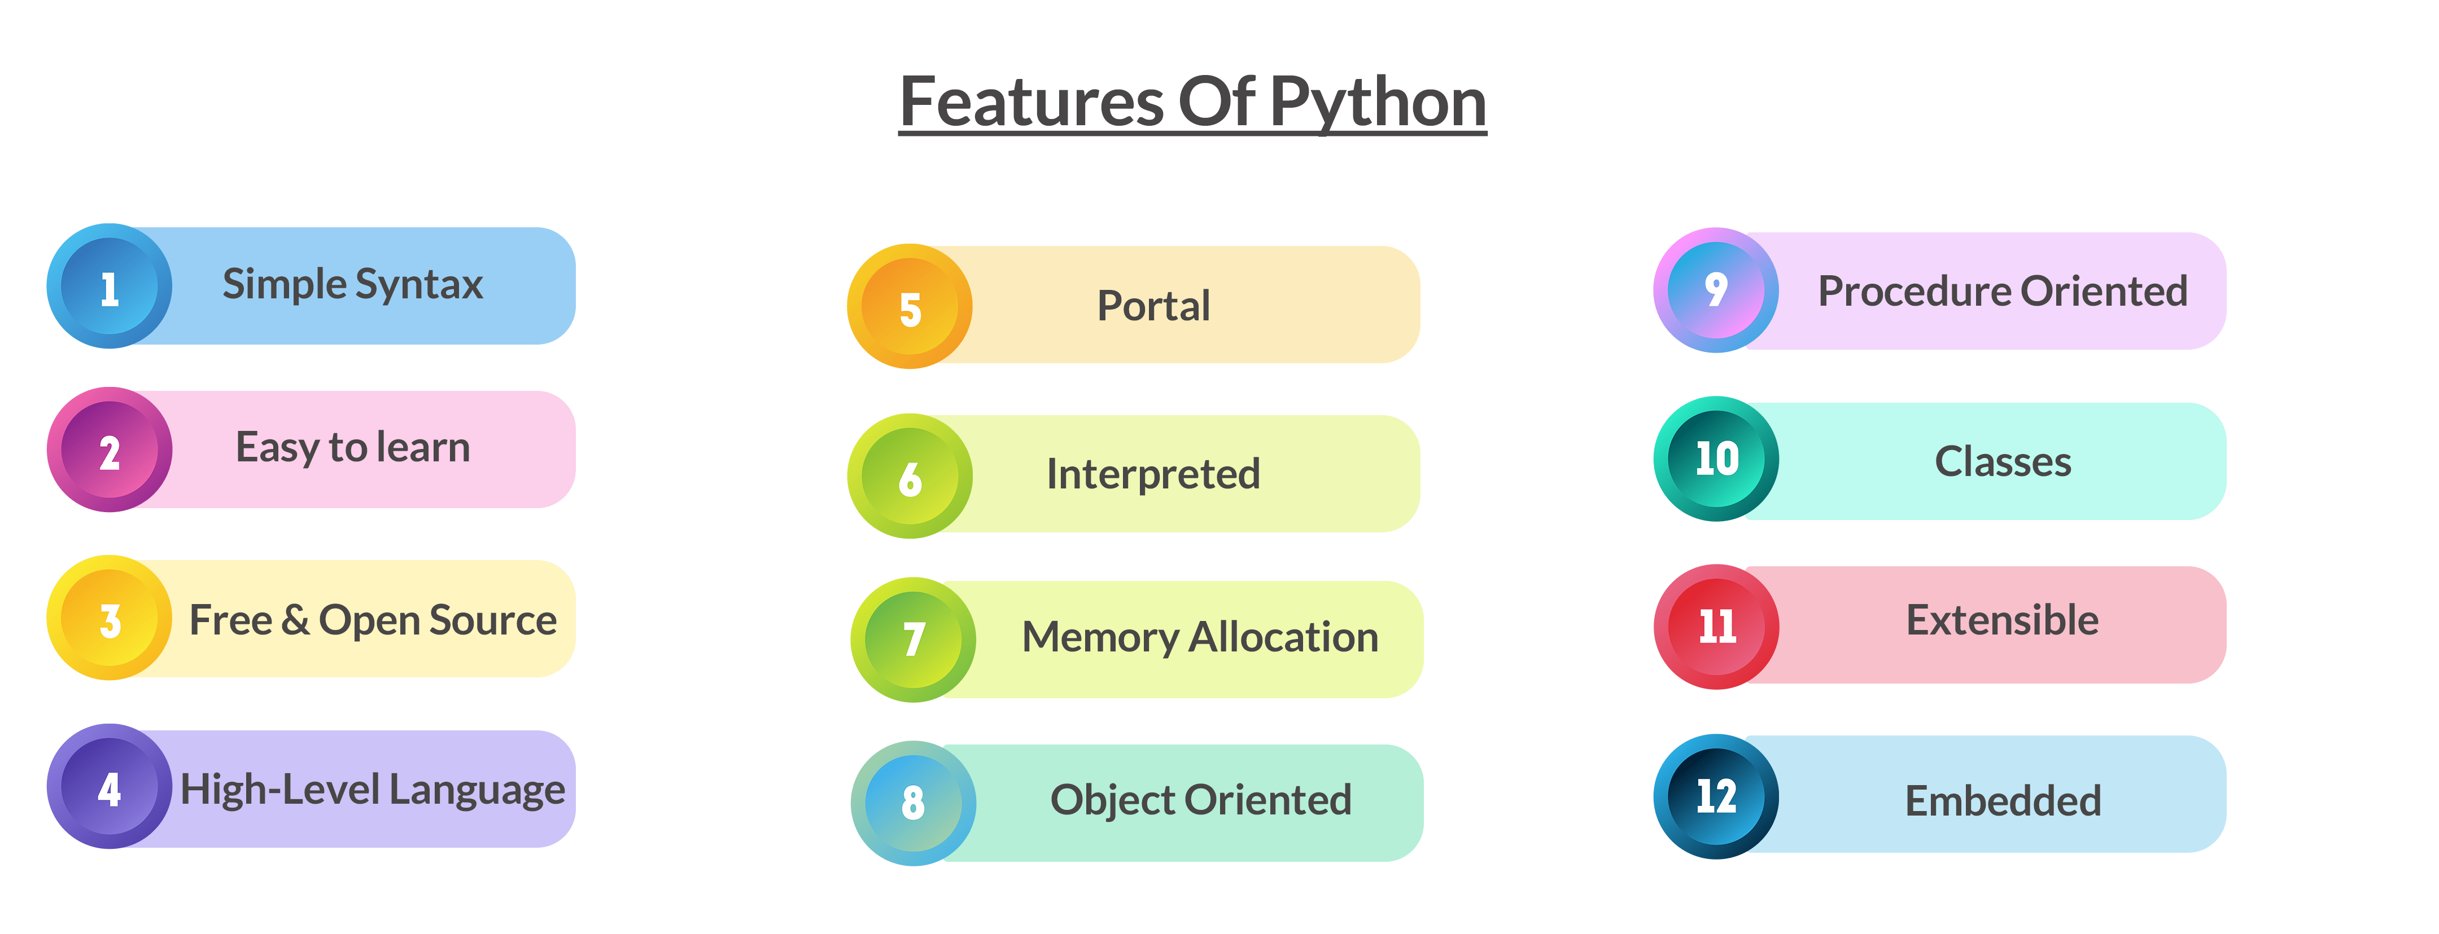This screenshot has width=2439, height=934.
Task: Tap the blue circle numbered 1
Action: click(110, 286)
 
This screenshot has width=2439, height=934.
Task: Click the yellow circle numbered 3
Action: click(110, 618)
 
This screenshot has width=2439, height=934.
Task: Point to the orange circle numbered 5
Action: click(910, 307)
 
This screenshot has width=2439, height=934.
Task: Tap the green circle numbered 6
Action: click(910, 476)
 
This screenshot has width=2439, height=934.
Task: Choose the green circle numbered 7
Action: click(913, 640)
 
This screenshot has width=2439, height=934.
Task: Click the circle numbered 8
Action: click(913, 803)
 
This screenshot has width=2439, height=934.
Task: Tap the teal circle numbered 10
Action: click(1716, 459)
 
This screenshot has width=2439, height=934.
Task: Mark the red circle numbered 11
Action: click(1716, 627)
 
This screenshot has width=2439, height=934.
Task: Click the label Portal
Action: click(1153, 306)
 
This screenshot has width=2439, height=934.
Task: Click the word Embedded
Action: click(2003, 800)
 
